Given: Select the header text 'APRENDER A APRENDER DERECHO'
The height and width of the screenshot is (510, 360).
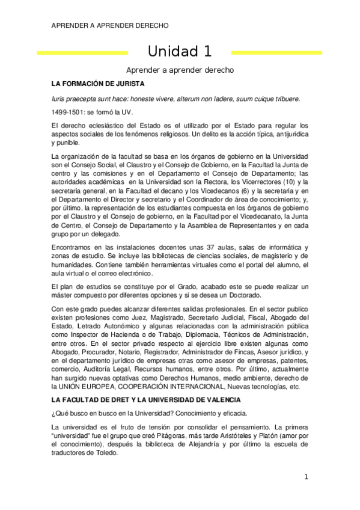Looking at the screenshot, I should coord(110,25).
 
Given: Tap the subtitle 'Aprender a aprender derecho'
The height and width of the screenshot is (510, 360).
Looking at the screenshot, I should coord(180,70).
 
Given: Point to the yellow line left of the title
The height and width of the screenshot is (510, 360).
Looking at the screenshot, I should coord(82,53).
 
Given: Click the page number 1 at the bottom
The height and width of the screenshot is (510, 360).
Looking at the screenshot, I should coord(306,478).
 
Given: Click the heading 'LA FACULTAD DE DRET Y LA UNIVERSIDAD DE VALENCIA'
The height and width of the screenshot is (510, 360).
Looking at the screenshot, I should coord(138,400).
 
